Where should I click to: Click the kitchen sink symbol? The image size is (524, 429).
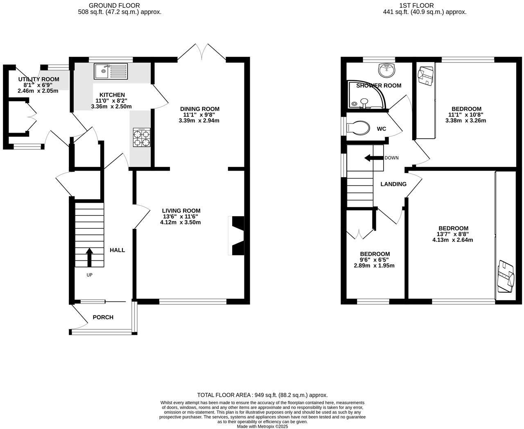[x=111, y=71]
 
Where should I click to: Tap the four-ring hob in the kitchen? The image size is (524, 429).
[x=141, y=138]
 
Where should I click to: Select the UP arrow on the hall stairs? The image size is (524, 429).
[x=89, y=257]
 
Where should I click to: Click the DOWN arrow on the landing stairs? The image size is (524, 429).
[x=373, y=158]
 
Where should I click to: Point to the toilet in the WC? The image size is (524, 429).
[x=357, y=127]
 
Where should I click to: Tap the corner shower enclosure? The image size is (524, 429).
[x=365, y=96]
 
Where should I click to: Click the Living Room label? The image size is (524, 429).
[x=181, y=211]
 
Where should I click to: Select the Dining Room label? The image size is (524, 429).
[x=200, y=109]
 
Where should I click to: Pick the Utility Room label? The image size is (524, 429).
[x=38, y=79]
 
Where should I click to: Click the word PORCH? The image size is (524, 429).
[x=103, y=317]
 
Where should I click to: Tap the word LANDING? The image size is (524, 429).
[x=393, y=184]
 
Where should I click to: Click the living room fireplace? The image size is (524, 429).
[x=237, y=236]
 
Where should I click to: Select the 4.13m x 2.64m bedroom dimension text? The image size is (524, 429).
[x=453, y=240]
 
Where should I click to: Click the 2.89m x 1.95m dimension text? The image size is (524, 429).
[x=374, y=266]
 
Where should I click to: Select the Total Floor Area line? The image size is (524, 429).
[x=262, y=395]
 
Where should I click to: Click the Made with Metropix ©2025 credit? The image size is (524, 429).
[x=262, y=426]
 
